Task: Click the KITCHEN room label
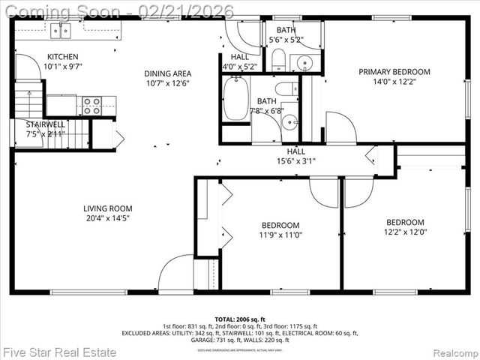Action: (x=62, y=56)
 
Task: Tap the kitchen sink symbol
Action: (x=60, y=30)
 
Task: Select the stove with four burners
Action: (x=91, y=106)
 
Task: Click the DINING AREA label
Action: (x=168, y=73)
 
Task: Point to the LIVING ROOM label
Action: (x=108, y=208)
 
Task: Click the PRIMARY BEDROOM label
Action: (x=394, y=72)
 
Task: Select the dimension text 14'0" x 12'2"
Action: (x=394, y=82)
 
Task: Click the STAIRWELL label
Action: (x=46, y=124)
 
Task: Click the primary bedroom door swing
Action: (x=340, y=128)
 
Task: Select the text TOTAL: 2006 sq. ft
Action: (x=240, y=319)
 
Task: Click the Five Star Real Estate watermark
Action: (x=60, y=352)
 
